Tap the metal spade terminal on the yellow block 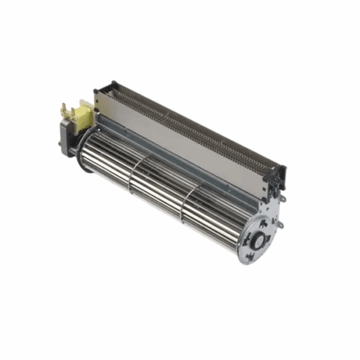(64, 109)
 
